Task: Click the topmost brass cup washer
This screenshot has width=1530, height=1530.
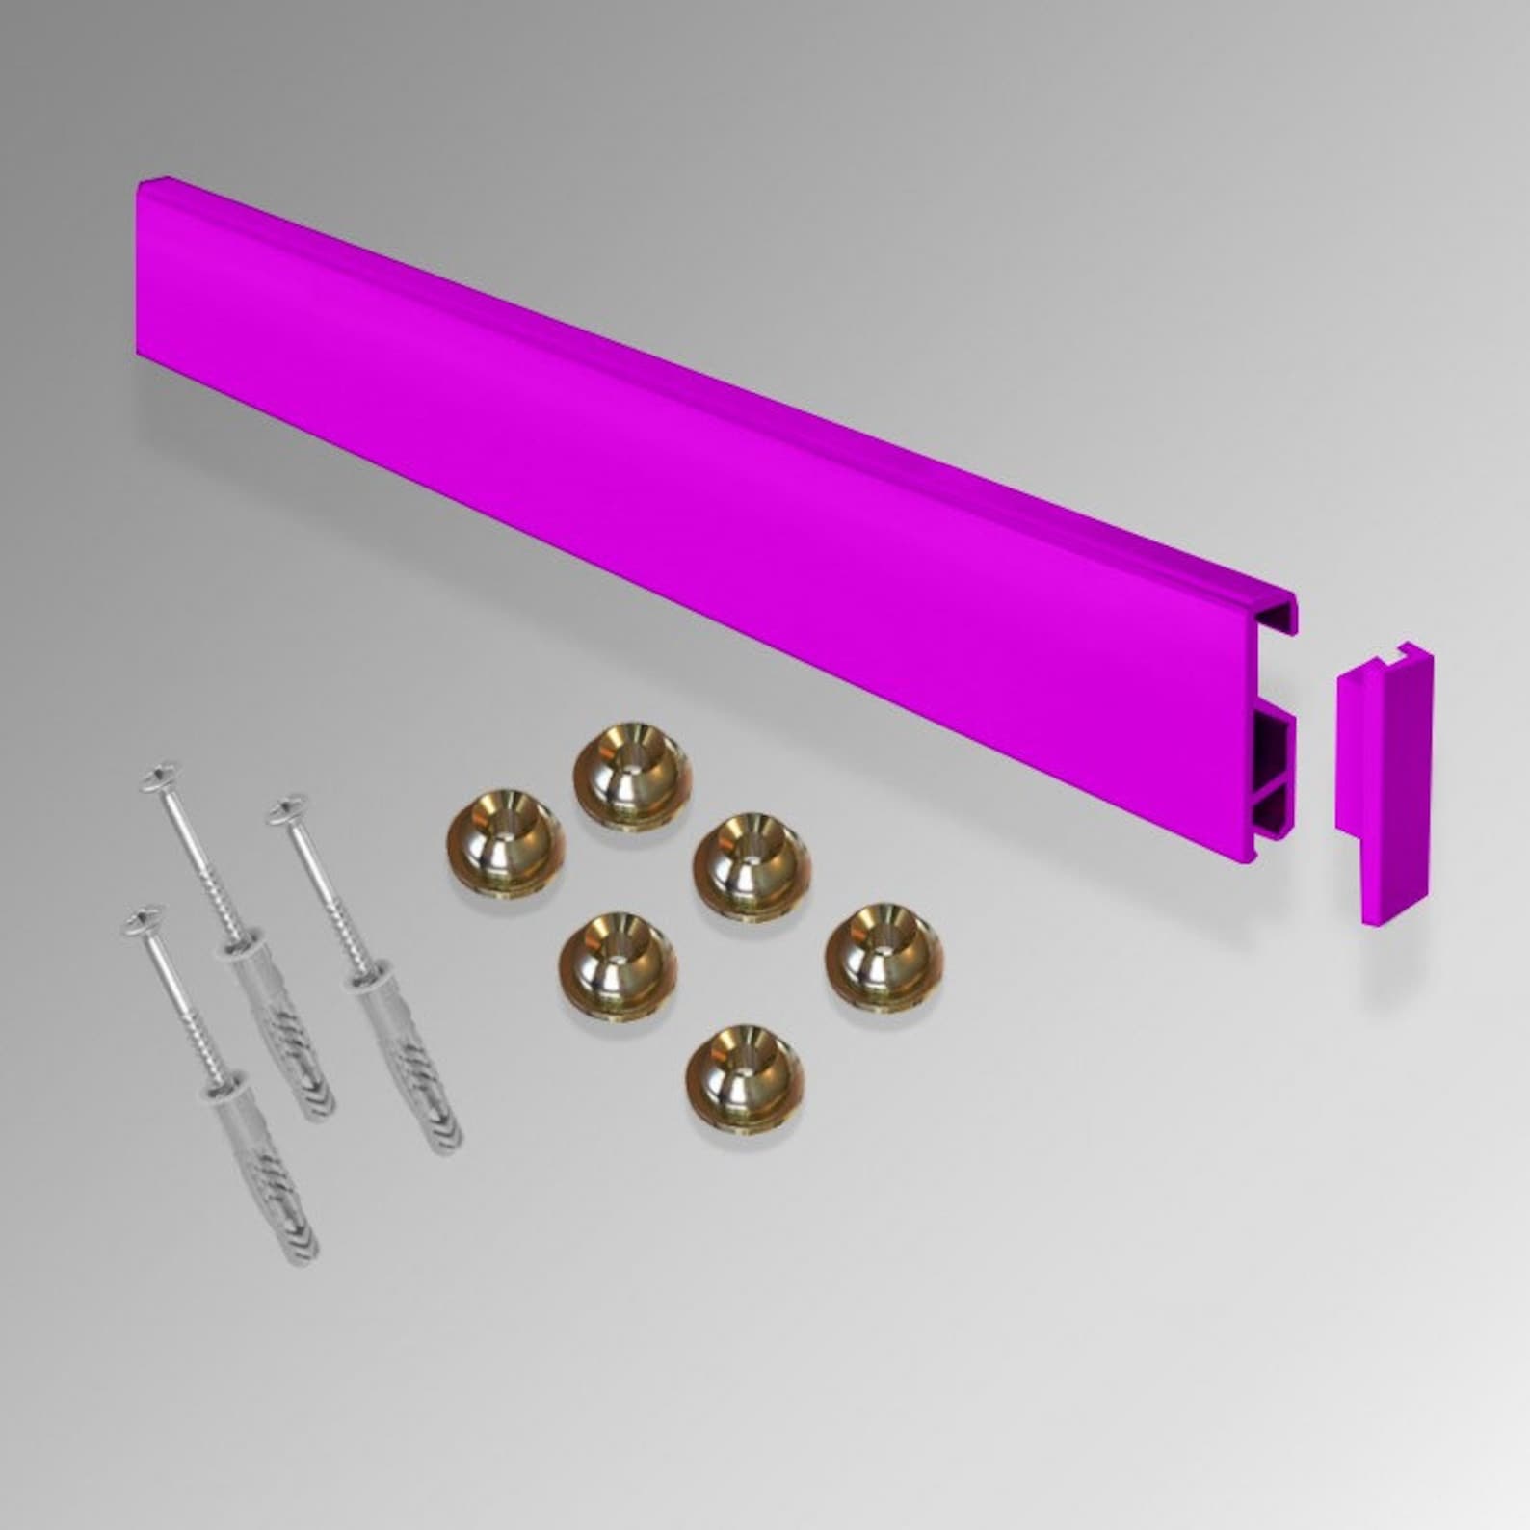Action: tap(633, 775)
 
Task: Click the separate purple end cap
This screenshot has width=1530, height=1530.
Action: tap(1384, 780)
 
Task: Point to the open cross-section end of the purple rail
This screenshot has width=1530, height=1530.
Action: tap(1276, 732)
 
